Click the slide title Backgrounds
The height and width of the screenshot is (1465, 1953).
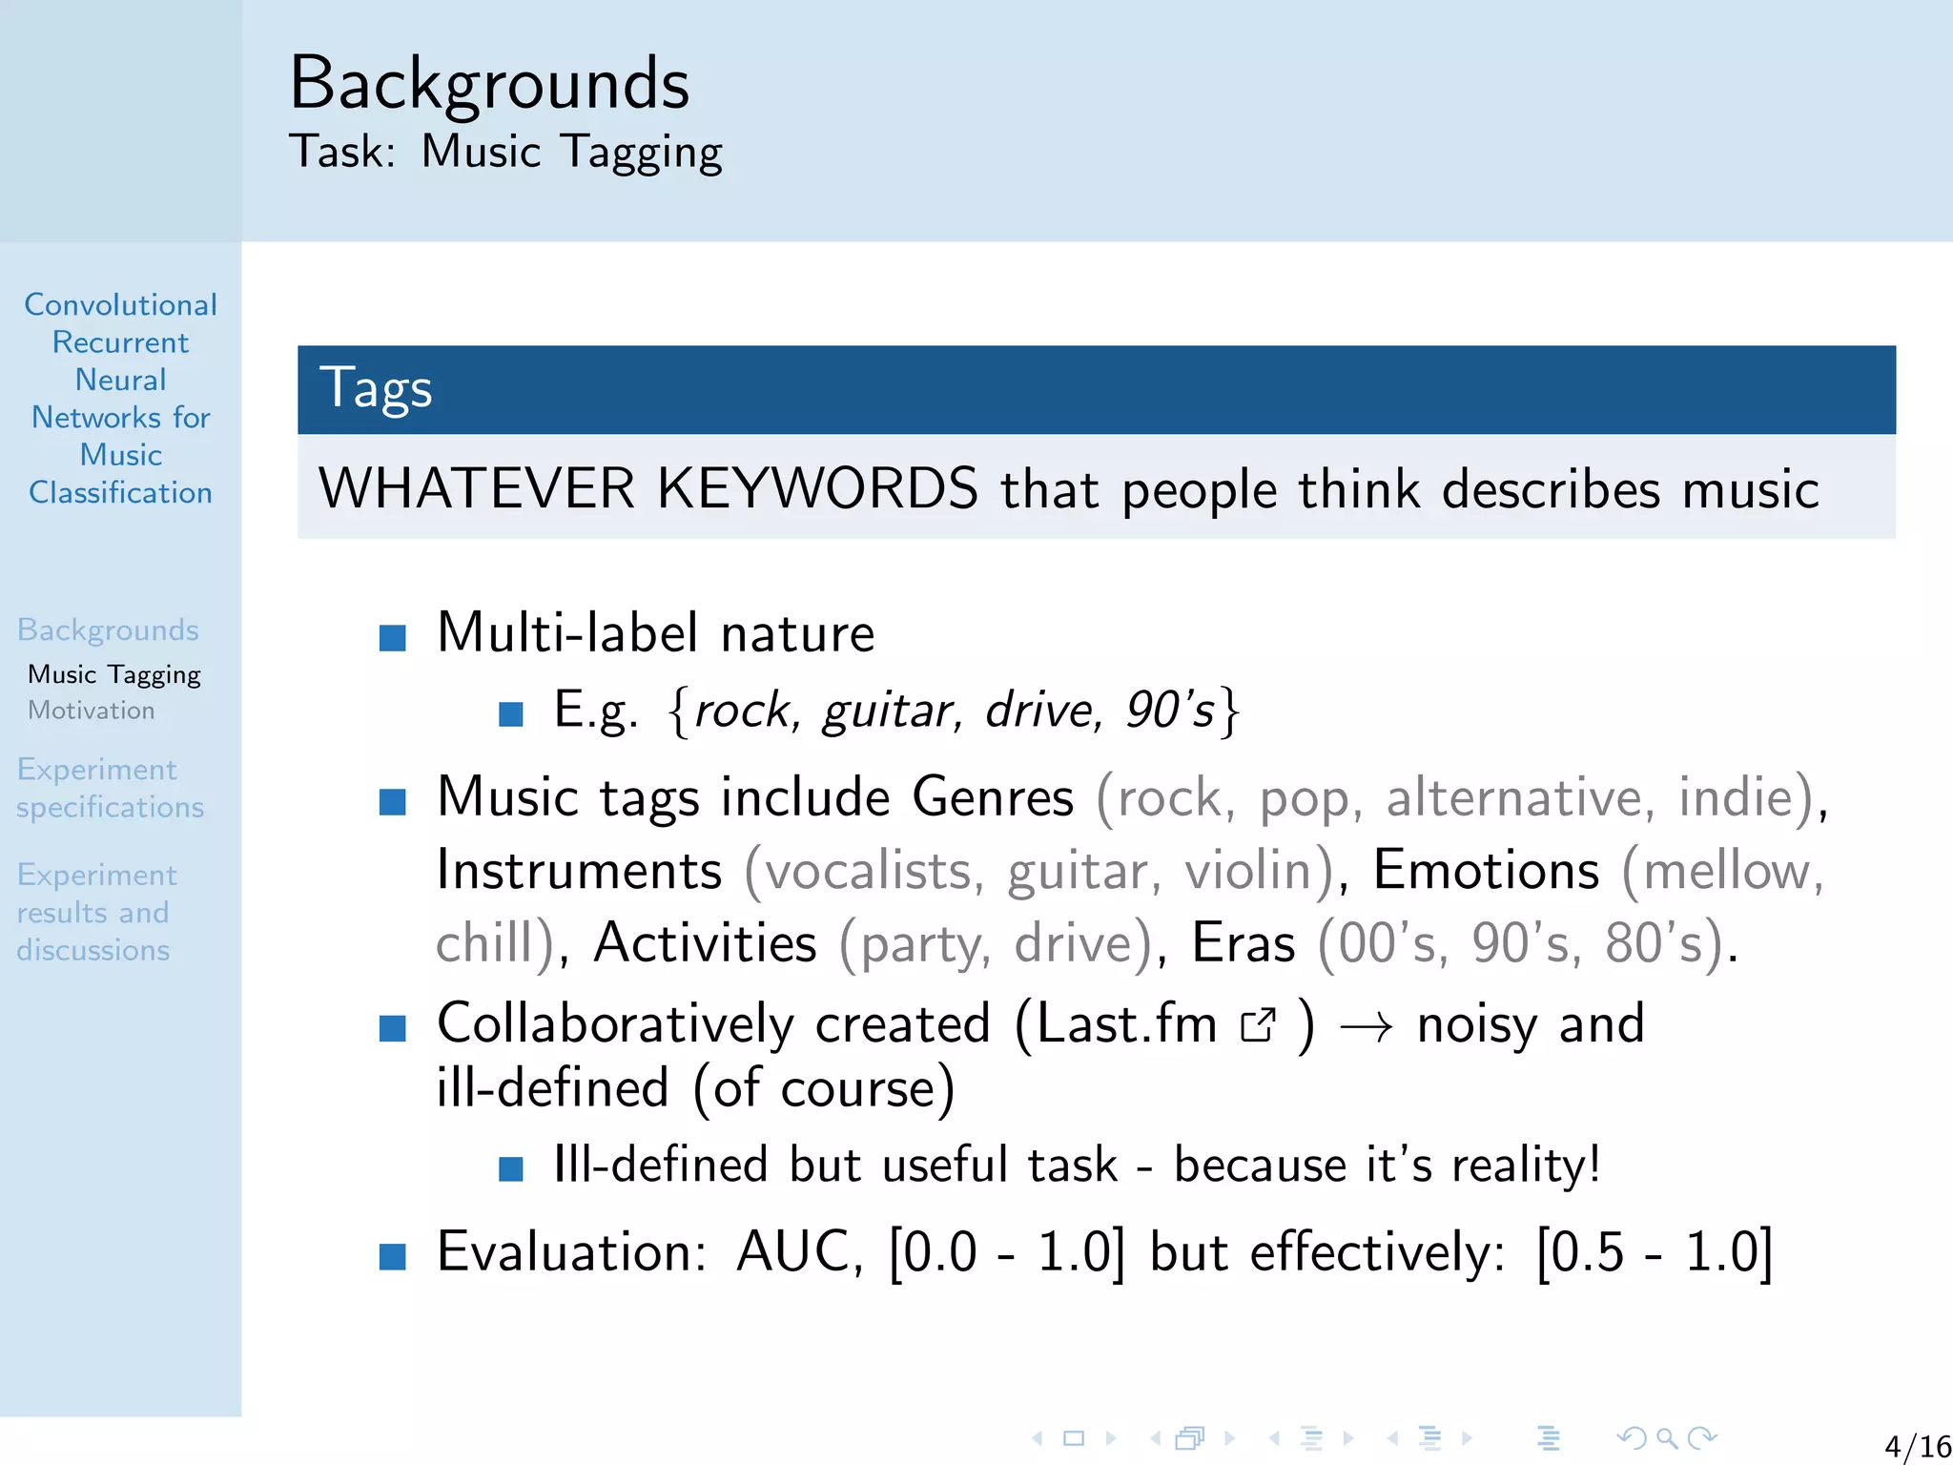point(489,84)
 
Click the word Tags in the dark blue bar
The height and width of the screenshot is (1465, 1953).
point(376,389)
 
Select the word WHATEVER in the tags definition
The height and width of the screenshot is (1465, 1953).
point(477,488)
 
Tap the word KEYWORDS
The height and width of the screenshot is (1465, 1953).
point(817,488)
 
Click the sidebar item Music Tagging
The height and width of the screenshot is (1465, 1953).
point(114,674)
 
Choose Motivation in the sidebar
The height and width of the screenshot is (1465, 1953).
point(92,711)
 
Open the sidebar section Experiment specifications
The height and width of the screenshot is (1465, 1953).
point(110,788)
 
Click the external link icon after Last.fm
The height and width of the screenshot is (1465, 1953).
point(1258,1025)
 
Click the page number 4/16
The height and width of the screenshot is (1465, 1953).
point(1917,1447)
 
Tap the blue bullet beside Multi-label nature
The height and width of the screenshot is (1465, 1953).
point(393,637)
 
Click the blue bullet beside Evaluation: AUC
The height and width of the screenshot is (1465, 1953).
point(393,1256)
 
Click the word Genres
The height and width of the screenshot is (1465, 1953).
point(993,797)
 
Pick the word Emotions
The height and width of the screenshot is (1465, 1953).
point(1486,870)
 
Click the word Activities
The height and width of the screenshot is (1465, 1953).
point(705,943)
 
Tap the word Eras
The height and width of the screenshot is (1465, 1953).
point(1244,943)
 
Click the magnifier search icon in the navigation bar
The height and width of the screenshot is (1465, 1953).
point(1667,1437)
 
